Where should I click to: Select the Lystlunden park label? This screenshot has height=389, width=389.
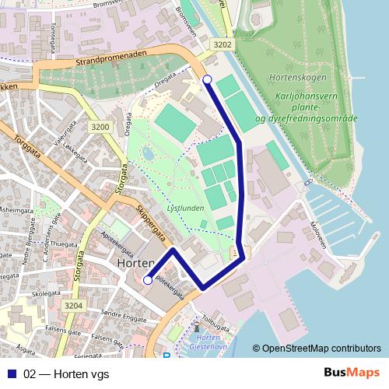[184, 209]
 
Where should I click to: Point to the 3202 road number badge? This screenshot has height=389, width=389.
[223, 44]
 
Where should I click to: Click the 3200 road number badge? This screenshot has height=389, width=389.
[100, 126]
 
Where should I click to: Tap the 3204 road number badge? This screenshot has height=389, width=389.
[73, 306]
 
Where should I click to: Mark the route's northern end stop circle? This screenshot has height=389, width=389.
[207, 79]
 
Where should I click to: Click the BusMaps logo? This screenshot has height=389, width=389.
[352, 373]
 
